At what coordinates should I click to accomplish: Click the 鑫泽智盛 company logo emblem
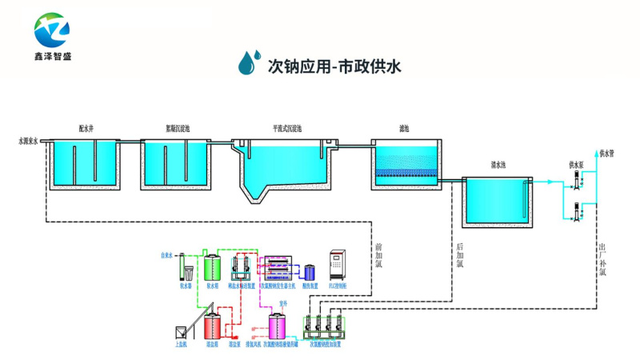click(x=52, y=30)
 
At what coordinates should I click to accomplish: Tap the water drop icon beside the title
click(x=250, y=62)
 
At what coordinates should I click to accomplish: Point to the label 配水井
click(x=86, y=128)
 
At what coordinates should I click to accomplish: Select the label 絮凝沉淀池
click(x=177, y=128)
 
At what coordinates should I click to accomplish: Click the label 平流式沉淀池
click(x=286, y=128)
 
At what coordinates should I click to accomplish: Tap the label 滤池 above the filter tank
click(x=404, y=128)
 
